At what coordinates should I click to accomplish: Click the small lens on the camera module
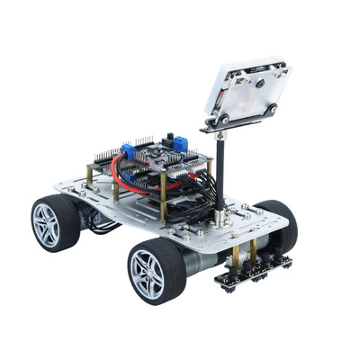tap(259, 84)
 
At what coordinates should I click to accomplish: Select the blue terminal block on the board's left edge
tap(130, 150)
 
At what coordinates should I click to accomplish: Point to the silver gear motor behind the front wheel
tap(200, 261)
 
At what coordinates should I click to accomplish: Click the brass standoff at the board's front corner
tap(163, 203)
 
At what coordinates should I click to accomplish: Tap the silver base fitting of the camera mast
tap(219, 218)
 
